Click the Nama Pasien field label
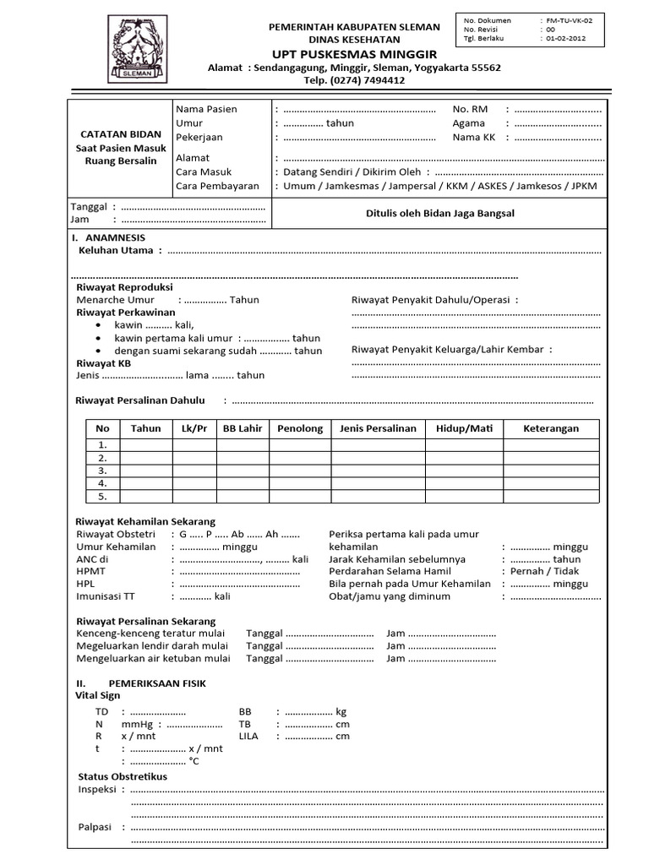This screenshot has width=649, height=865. click(x=206, y=109)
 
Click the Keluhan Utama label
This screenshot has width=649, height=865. click(x=116, y=250)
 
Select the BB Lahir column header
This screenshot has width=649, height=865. click(x=243, y=428)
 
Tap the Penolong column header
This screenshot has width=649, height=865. click(x=300, y=428)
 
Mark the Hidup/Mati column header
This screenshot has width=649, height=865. click(x=463, y=428)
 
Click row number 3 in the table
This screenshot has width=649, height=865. click(x=102, y=471)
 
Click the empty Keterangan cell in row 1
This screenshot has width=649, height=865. click(x=550, y=444)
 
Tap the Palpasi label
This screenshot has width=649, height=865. click(x=95, y=827)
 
